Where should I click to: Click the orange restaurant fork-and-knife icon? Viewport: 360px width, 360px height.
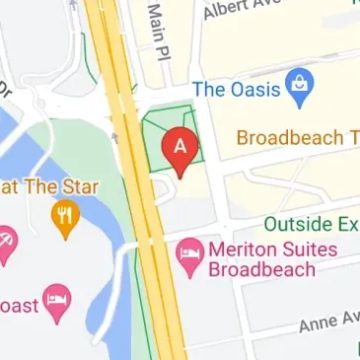point(66,213)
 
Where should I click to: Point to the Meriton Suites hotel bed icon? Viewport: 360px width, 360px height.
point(187,254)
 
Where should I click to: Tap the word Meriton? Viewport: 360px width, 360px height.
point(244,251)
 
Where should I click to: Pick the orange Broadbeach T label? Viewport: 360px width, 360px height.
point(297,137)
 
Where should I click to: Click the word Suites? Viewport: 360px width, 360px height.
point(309,251)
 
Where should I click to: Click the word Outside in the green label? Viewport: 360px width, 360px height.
point(298,224)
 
